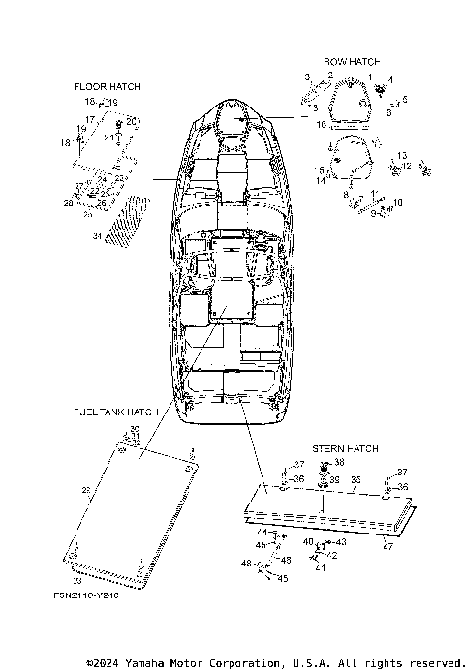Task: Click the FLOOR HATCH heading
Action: (107, 87)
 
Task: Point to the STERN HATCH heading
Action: (345, 449)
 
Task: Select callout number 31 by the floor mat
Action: (96, 236)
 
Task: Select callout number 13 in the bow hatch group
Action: (402, 155)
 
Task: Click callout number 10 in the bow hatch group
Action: (396, 204)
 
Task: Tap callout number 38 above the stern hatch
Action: (339, 463)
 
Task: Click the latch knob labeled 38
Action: (325, 467)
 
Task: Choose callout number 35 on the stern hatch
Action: (356, 479)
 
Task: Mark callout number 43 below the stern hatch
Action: (341, 542)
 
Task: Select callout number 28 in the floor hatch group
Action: (70, 203)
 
